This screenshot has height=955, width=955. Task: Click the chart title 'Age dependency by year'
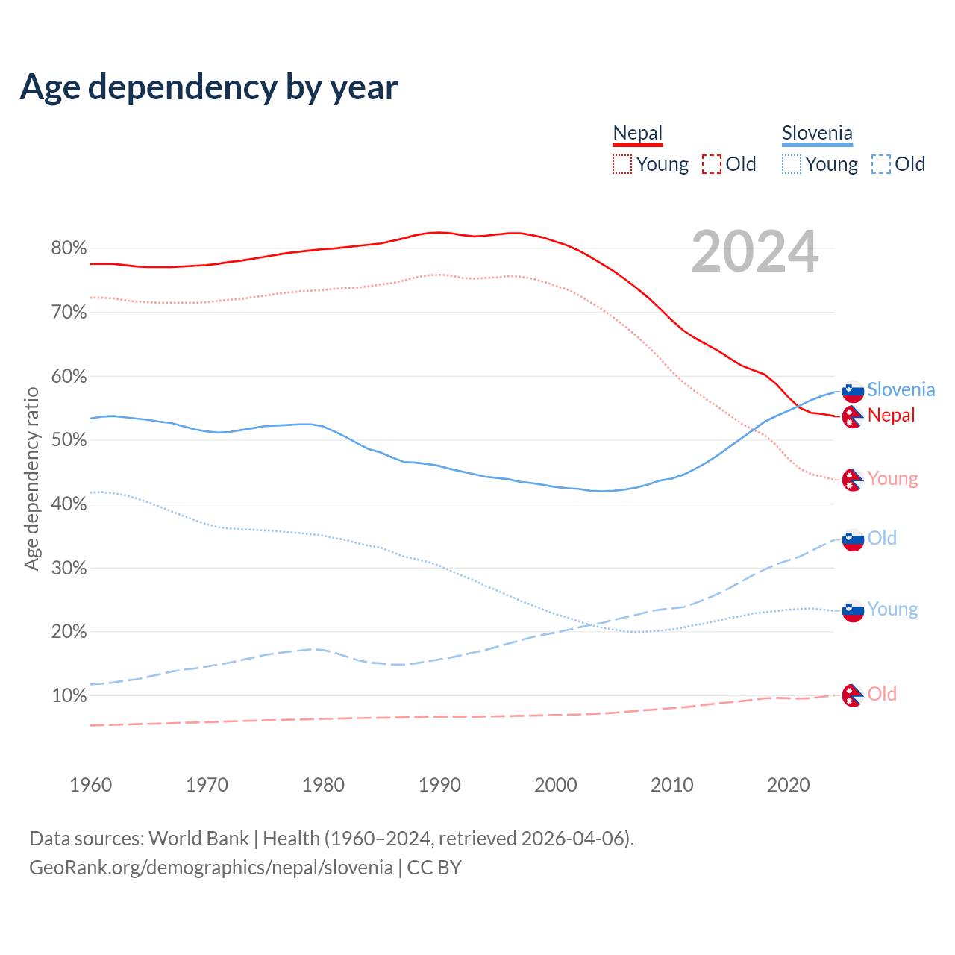click(x=209, y=87)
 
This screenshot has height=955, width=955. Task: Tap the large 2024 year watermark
click(x=754, y=252)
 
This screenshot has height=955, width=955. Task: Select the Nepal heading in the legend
click(x=637, y=133)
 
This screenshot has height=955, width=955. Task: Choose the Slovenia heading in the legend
click(x=817, y=133)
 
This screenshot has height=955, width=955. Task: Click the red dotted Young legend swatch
click(x=621, y=164)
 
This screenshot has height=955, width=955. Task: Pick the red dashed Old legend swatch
click(x=712, y=164)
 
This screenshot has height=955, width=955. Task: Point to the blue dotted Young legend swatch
click(x=792, y=164)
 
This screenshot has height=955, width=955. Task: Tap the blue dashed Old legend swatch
click(x=881, y=164)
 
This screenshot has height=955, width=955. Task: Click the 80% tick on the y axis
click(x=69, y=248)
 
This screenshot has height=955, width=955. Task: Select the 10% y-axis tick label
click(x=69, y=696)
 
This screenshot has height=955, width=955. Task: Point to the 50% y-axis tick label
click(x=69, y=440)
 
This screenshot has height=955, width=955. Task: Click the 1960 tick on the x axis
click(x=90, y=785)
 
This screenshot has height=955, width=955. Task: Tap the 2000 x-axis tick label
click(x=556, y=785)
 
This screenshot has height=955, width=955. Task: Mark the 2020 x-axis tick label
click(x=789, y=785)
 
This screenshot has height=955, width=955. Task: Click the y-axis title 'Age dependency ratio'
click(x=31, y=478)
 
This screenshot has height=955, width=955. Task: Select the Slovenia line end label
click(x=901, y=389)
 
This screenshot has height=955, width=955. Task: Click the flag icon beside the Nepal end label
click(x=853, y=416)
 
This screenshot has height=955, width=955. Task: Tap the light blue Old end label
click(x=882, y=538)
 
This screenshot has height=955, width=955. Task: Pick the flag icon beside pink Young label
click(x=853, y=480)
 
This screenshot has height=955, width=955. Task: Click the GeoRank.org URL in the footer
click(x=211, y=868)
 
